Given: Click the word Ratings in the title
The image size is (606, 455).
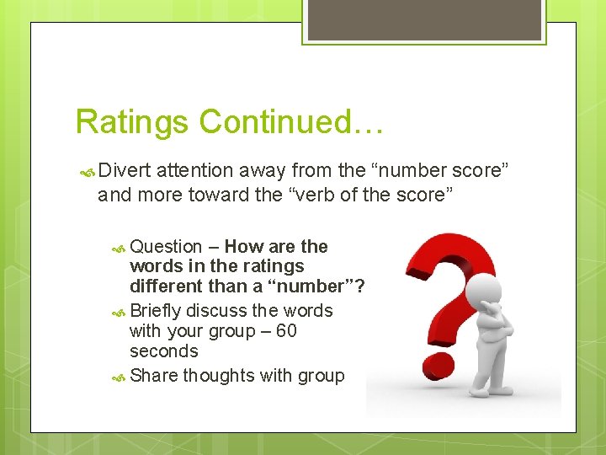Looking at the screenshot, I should click(x=132, y=122).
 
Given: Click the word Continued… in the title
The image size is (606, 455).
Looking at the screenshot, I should click(x=291, y=122).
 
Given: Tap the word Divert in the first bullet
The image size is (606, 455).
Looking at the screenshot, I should click(x=125, y=171).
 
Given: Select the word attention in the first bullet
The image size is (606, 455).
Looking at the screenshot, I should click(x=199, y=171).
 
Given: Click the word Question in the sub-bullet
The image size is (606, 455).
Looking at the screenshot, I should click(x=166, y=247).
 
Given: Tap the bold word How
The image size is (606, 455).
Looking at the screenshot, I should click(x=244, y=247).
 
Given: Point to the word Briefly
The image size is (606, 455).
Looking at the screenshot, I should click(x=157, y=311).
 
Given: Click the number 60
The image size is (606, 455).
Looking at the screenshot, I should click(x=286, y=331).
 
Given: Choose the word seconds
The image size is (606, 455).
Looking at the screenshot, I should click(x=164, y=351).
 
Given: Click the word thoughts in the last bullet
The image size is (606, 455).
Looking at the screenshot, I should click(x=219, y=376).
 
